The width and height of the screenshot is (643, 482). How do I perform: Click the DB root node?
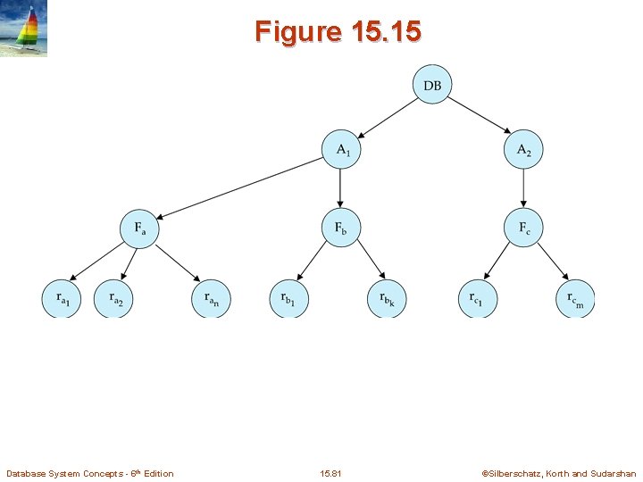[x=432, y=86]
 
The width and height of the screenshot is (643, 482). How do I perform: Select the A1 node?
[x=341, y=150]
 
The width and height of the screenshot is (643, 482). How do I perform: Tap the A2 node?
[x=523, y=150]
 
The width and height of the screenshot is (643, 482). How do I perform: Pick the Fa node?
[x=139, y=228]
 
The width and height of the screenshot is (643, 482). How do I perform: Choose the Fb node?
[x=341, y=228]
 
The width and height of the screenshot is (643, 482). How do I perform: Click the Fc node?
[x=523, y=228]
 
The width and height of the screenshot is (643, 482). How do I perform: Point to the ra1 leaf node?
[x=62, y=298]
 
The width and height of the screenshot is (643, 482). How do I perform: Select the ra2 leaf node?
[x=113, y=298]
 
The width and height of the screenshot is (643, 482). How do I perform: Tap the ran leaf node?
[x=211, y=298]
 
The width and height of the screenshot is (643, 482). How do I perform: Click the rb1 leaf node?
[x=288, y=298]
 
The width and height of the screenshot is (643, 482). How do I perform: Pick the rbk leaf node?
[x=387, y=298]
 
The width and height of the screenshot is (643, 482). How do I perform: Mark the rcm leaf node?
[x=575, y=298]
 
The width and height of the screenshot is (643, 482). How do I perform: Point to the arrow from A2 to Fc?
[x=523, y=188]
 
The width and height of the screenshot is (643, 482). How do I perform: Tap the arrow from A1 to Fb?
[x=341, y=188]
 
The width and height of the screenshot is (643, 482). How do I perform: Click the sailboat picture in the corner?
[x=24, y=29]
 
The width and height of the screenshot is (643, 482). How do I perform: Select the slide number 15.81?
[x=330, y=473]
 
